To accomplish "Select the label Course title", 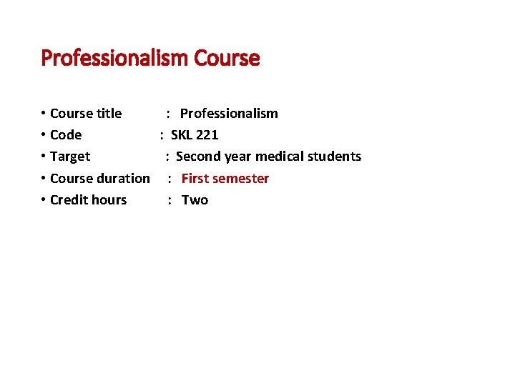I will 86,113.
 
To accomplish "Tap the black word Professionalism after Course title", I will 229,113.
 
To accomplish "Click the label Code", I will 66,135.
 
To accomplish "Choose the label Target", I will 70,157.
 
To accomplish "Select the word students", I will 334,157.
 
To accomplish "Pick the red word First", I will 195,178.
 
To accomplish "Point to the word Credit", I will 68,200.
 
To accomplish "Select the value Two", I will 195,200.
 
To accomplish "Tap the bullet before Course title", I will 44,114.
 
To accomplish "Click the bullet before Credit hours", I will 44,200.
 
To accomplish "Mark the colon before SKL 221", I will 162,135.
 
